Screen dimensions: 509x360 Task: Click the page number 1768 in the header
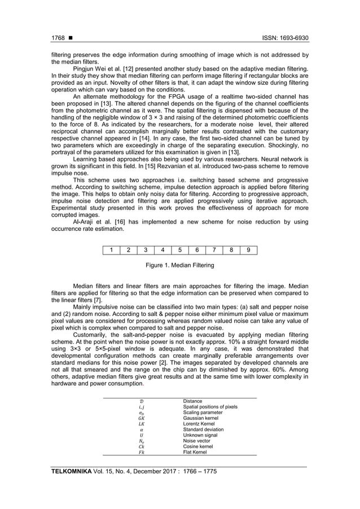[x=58, y=39]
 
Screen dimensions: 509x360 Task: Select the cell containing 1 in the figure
[x=112, y=250]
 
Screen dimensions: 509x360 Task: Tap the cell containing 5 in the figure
[x=180, y=250]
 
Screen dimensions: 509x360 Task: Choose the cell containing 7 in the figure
[x=214, y=250]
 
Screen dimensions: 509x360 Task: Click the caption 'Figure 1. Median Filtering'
[x=180, y=265]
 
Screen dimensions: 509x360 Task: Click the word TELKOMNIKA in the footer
[x=72, y=471]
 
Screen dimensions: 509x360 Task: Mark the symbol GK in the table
[x=141, y=418]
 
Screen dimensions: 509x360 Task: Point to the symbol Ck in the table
[x=141, y=446]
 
